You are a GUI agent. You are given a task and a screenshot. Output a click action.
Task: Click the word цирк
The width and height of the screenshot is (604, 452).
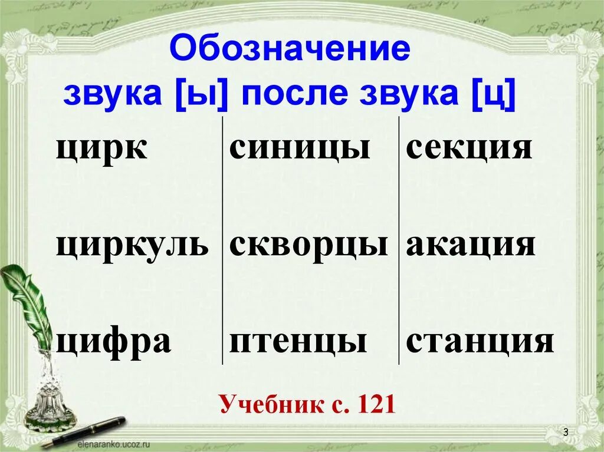click(x=101, y=149)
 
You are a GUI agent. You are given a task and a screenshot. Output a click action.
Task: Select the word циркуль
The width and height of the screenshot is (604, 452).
click(x=132, y=245)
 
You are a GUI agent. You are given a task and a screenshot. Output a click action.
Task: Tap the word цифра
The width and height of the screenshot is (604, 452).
click(x=113, y=342)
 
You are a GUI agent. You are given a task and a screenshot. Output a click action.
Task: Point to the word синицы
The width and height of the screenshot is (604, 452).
click(x=300, y=149)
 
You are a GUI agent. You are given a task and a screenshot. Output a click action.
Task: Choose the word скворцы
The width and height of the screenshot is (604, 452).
click(x=308, y=245)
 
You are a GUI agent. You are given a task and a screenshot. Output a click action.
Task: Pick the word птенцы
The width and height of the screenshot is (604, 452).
click(x=298, y=342)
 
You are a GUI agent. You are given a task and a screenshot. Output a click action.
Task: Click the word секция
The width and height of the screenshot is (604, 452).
click(x=469, y=149)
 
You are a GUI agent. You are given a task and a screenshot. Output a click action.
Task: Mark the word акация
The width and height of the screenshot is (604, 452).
click(x=470, y=245)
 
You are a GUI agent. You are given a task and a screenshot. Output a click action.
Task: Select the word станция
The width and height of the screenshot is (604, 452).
click(x=480, y=342)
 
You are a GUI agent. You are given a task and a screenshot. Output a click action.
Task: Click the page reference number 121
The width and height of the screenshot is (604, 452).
click(x=375, y=405)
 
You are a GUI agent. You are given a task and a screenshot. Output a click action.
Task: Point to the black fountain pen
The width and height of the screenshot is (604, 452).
click(x=88, y=431)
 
